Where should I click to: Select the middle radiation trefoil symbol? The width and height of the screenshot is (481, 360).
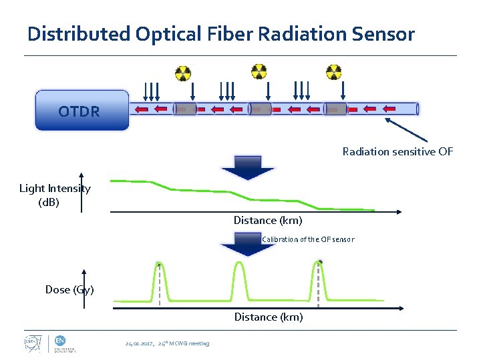pyautogui.click(x=259, y=70)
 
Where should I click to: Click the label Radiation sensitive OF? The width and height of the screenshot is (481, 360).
pyautogui.click(x=397, y=152)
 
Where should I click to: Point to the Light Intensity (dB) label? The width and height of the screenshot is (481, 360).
pyautogui.click(x=54, y=195)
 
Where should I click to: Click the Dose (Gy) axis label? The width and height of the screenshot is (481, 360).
pyautogui.click(x=69, y=289)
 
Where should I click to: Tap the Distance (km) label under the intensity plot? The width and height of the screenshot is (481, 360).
pyautogui.click(x=267, y=220)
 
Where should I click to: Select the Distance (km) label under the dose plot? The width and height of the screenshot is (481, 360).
pyautogui.click(x=268, y=317)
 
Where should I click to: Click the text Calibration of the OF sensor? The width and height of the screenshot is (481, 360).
pyautogui.click(x=308, y=239)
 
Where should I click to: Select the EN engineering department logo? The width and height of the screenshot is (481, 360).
pyautogui.click(x=65, y=343)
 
